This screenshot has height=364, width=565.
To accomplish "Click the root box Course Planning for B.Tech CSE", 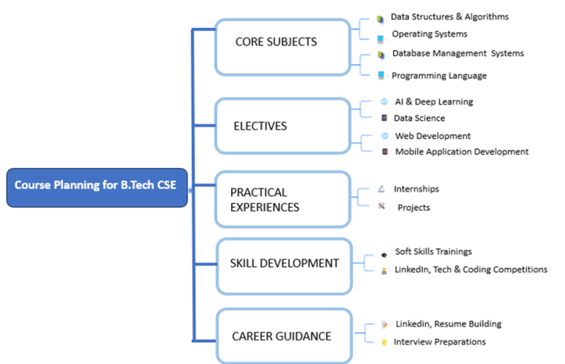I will (96, 187).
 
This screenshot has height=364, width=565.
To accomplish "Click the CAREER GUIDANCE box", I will (282, 336).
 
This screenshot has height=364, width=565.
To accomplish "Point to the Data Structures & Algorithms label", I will (449, 17).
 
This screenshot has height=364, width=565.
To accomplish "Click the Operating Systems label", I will (429, 34).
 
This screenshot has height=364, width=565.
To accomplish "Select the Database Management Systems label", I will (458, 54).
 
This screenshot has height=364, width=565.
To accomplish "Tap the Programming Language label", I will (438, 76).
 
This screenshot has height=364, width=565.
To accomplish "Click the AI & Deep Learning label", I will (434, 102).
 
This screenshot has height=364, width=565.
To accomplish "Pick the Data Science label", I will (420, 118).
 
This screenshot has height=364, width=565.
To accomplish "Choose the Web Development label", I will (433, 136).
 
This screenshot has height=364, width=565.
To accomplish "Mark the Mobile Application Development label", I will (461, 152).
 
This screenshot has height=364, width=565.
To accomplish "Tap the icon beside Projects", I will (381, 207).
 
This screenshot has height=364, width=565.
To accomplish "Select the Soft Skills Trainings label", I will (433, 252).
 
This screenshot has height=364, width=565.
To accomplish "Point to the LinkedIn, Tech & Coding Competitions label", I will (471, 270).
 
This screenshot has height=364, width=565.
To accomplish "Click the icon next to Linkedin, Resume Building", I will (384, 325).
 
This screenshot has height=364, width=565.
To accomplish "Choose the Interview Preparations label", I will (439, 342).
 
